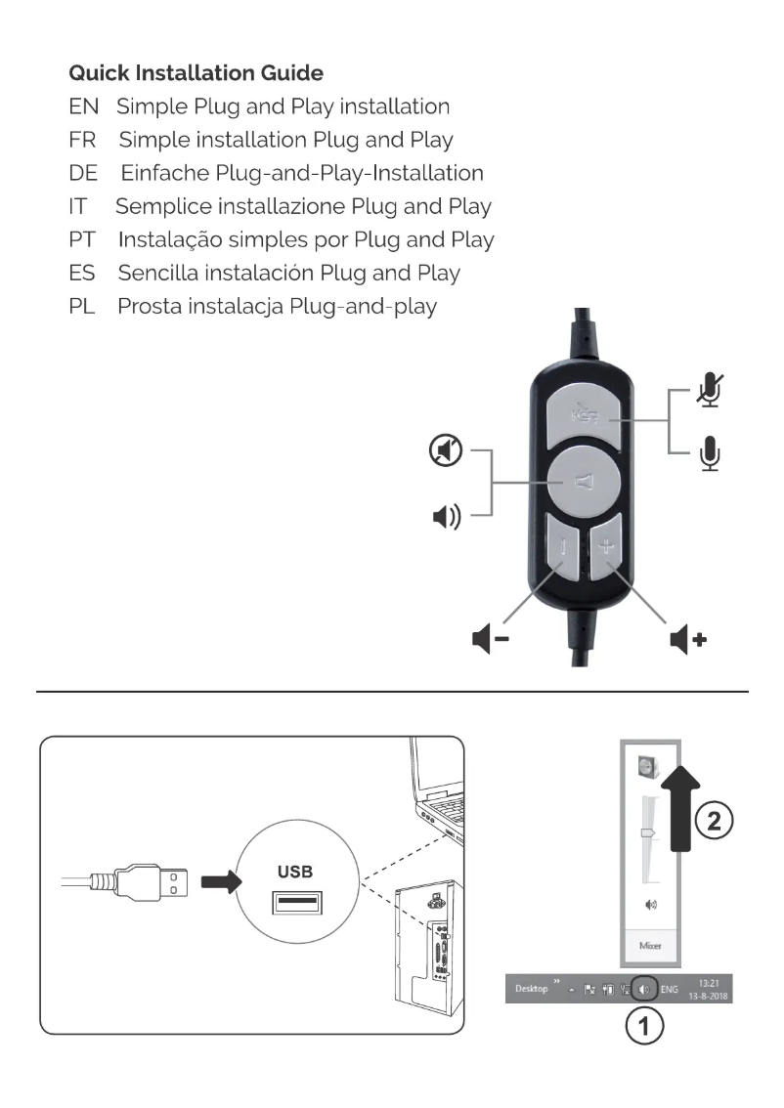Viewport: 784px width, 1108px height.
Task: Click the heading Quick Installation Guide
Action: (196, 73)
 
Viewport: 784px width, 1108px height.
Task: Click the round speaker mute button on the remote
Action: (583, 481)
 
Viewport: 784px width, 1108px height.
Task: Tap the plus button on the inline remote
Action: (606, 548)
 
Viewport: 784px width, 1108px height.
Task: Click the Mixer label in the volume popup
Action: (650, 946)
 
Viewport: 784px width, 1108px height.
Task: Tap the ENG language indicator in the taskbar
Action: (671, 989)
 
